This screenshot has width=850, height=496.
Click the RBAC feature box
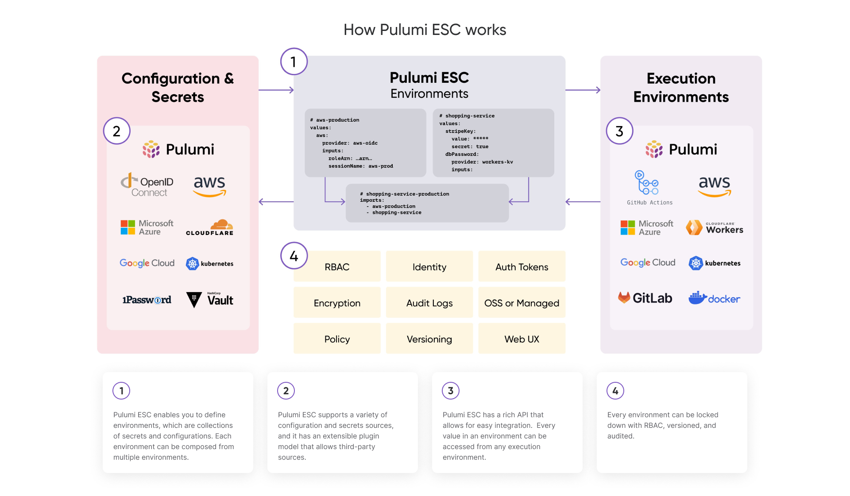(337, 267)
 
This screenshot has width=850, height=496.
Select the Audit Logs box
(429, 303)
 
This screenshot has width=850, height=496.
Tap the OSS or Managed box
(522, 303)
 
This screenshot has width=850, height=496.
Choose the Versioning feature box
(429, 339)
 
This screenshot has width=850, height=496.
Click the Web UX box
(522, 339)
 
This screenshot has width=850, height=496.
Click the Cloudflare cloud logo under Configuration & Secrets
(209, 227)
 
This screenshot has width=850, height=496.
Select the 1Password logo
(147, 300)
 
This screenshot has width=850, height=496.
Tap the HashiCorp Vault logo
(209, 300)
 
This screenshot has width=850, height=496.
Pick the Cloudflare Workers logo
(714, 227)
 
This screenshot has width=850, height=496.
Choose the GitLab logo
(645, 298)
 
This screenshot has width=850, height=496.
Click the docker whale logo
(714, 298)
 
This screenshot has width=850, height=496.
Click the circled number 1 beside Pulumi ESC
(294, 62)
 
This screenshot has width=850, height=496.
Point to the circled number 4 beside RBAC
(294, 256)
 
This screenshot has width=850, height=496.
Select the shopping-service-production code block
(427, 203)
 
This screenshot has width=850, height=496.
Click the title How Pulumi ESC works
(425, 30)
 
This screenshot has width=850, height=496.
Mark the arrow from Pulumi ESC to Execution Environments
(583, 90)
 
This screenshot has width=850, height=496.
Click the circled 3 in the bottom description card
(451, 391)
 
